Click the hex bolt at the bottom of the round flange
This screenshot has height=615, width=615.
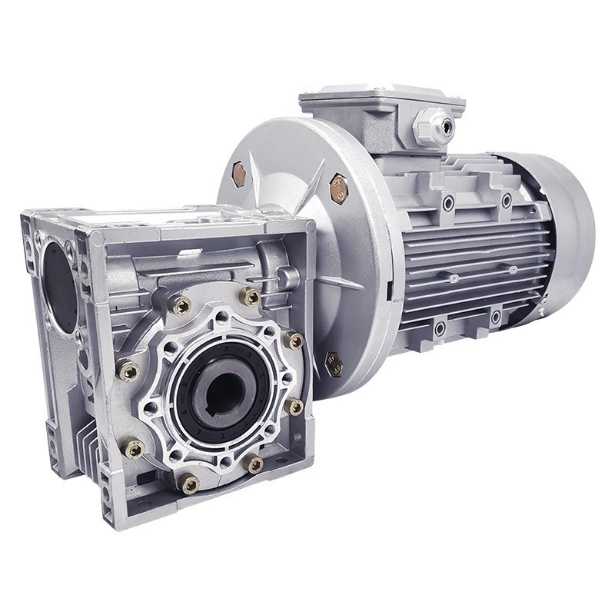pyautogui.click(x=334, y=363)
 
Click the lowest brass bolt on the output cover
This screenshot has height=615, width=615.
pyautogui.click(x=189, y=484)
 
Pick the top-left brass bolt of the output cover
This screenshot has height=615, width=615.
pyautogui.click(x=181, y=306)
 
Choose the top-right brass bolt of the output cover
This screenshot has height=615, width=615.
pyautogui.click(x=250, y=296)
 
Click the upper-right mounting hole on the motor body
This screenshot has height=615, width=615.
pyautogui.click(x=507, y=200)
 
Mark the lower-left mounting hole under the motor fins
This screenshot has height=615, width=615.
pyautogui.click(x=440, y=329)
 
